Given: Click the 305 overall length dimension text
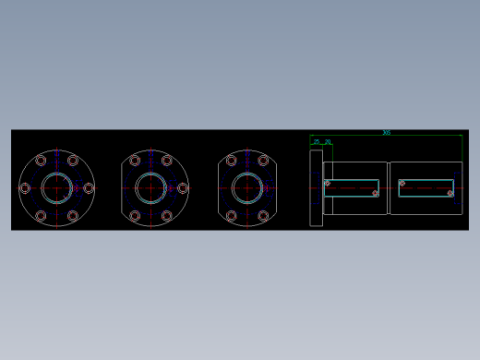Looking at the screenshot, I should coord(386,133).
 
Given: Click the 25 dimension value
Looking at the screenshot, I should coord(317,142).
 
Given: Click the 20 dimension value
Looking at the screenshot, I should coord(328,142).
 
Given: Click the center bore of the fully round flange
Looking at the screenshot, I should coord(56,188).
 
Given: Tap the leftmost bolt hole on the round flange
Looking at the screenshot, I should coord(25,188).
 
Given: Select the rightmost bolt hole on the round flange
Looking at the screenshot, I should coord(89,188).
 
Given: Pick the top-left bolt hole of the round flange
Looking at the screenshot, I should coord(41,161).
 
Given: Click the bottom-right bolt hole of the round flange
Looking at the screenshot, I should coord(73,216).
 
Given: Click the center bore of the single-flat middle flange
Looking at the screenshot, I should coord(151,188).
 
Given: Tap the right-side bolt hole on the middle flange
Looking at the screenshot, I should coord(183,188).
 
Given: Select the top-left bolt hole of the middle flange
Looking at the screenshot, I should coord(135,161).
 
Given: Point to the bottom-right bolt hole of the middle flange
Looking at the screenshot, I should coord(167,216).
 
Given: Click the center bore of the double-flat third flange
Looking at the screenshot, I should coord(247,188).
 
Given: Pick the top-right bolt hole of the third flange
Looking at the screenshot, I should coord(263,161).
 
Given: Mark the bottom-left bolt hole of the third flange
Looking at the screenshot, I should coord(231,216).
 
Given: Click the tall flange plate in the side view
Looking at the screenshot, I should coord(316,188).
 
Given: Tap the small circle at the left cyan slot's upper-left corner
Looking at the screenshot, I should coord(327,183).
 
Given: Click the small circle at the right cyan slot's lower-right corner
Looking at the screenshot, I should coord(450,193).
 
